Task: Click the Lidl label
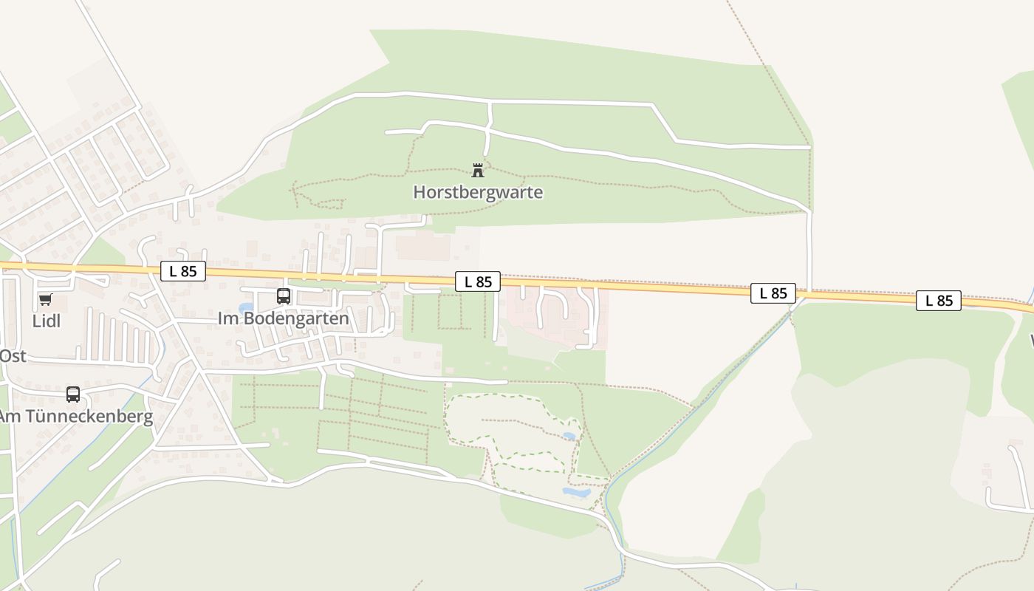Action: tap(47, 321)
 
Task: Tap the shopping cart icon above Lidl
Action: tap(46, 299)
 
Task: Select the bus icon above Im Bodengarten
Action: tap(284, 296)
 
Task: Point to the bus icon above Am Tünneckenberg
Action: tap(73, 394)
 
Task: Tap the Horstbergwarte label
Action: tap(478, 192)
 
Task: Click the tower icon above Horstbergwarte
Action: tap(478, 171)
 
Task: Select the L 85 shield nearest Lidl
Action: tap(183, 271)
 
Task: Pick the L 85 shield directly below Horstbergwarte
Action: tap(478, 281)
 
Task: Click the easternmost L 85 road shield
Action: tap(939, 301)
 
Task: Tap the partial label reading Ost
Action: tap(13, 356)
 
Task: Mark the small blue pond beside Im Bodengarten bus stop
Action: tap(246, 307)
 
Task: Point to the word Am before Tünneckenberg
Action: tap(10, 416)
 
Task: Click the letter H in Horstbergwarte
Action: tap(419, 192)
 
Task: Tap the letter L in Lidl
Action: tap(36, 321)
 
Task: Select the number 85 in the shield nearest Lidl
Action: tap(189, 271)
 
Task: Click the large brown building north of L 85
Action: tap(422, 247)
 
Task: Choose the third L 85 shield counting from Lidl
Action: tap(773, 293)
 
